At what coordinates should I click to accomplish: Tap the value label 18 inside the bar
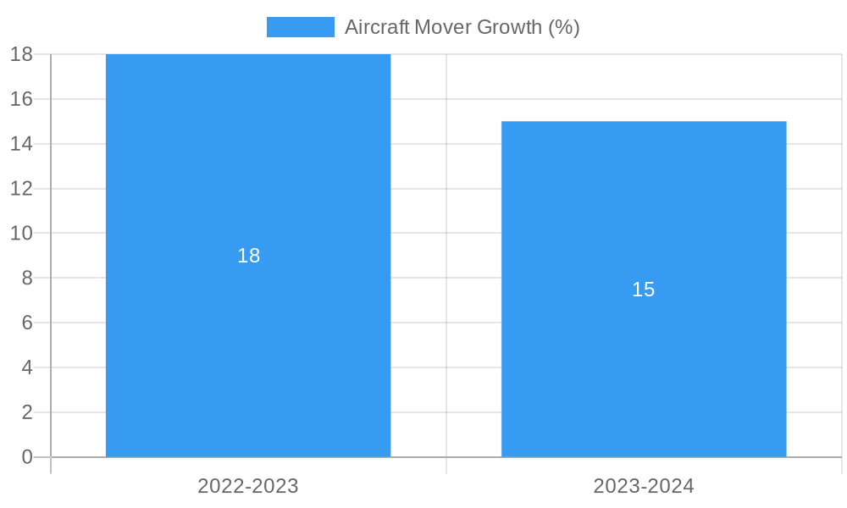[248, 256]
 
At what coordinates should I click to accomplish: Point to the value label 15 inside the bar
[644, 290]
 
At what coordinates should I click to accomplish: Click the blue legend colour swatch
[301, 27]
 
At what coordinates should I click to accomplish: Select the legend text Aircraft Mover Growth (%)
[462, 27]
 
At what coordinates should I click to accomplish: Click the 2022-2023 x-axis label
[248, 486]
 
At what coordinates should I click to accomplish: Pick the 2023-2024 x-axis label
[644, 486]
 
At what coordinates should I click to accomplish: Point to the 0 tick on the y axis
[26, 457]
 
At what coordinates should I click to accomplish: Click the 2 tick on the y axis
[26, 412]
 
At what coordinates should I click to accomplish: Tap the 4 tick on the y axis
[26, 367]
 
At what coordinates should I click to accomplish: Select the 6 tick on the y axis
[26, 323]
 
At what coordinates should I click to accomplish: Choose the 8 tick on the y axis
[26, 278]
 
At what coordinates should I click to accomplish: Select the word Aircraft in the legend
[377, 27]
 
